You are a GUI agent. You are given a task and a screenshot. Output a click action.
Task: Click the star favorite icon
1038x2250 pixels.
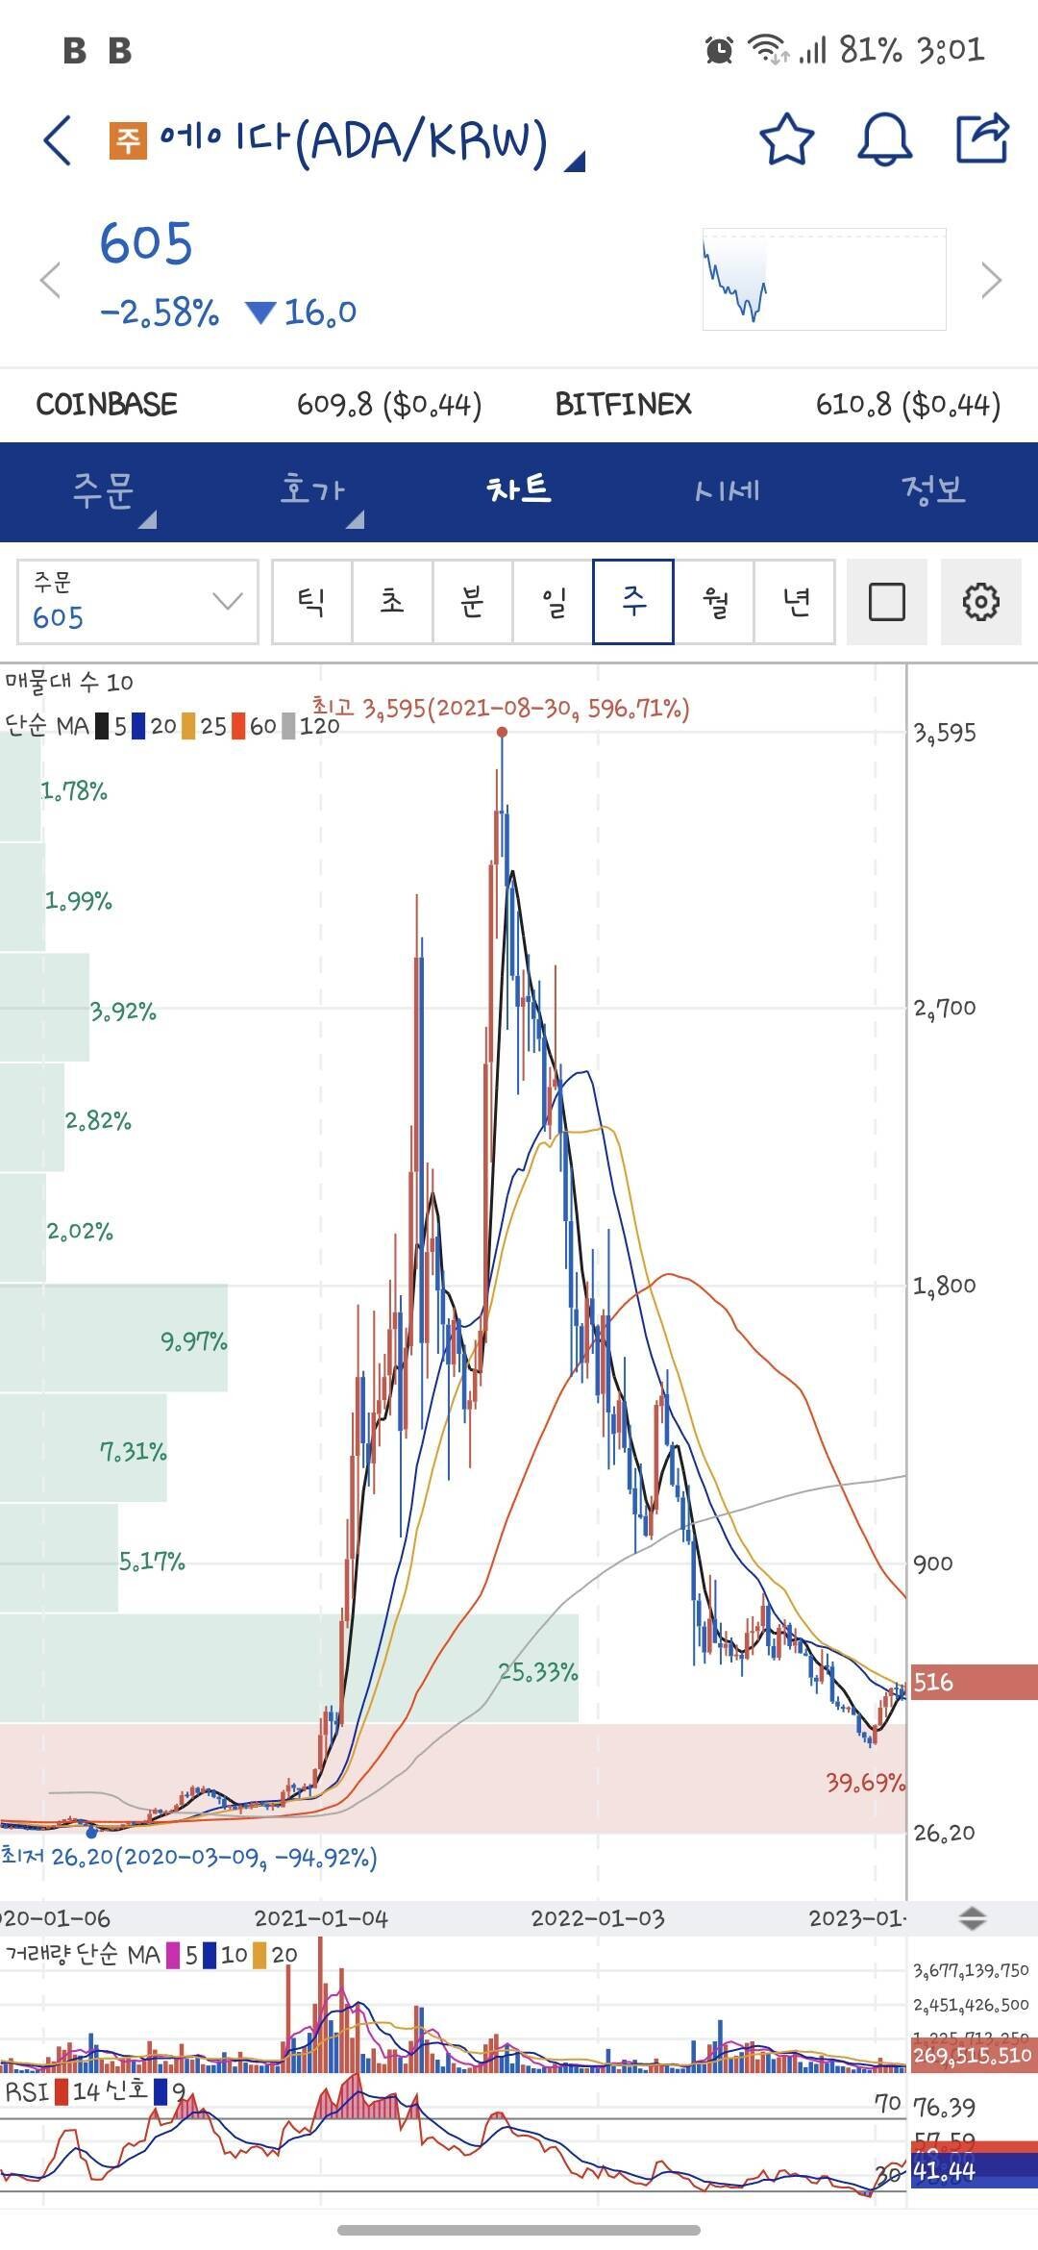point(786,140)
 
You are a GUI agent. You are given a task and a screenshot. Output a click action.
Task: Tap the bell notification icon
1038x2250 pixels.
point(883,140)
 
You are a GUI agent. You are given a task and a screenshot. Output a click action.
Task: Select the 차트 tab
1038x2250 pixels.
point(519,490)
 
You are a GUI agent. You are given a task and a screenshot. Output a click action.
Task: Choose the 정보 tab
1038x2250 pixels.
point(932,490)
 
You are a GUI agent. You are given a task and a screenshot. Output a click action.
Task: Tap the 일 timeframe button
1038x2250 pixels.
point(554,602)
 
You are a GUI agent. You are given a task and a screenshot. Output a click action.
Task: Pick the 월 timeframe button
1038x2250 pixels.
point(715,602)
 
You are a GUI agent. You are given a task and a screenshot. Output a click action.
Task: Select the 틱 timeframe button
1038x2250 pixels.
point(311,602)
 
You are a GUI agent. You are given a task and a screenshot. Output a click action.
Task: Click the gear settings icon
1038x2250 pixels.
point(980,602)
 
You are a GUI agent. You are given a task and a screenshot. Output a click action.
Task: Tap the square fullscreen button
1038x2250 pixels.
point(886,602)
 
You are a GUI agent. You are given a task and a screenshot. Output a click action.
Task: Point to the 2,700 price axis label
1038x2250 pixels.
point(945,1008)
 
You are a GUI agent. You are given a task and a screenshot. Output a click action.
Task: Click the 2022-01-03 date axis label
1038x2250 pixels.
point(597,1918)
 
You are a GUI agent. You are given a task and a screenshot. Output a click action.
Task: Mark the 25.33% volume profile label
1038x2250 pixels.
point(538,1672)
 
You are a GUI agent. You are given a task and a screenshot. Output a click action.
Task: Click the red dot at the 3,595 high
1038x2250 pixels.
point(502,733)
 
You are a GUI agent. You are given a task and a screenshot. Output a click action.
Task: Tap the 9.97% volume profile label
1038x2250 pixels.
point(193,1341)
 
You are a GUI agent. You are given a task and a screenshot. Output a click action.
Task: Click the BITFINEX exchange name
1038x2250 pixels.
point(623,404)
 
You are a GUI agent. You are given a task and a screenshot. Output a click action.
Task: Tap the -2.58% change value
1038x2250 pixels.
point(160,312)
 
